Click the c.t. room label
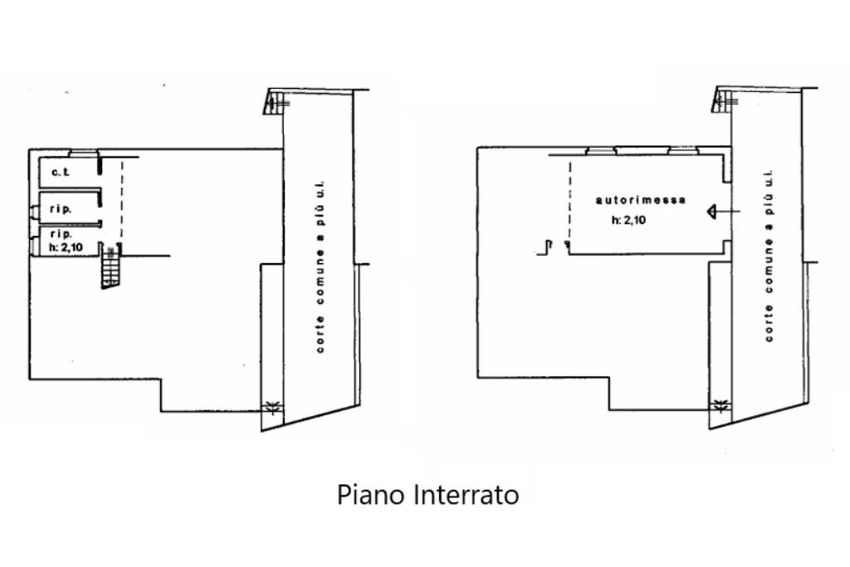tap(59, 174)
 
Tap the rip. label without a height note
tap(61, 209)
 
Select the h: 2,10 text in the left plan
tap(66, 246)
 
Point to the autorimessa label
tap(641, 200)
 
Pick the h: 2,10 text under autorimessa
tap(628, 221)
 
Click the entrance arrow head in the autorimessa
tap(711, 212)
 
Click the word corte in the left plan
tap(320, 337)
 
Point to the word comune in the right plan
tap(769, 273)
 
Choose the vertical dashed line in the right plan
tap(569, 203)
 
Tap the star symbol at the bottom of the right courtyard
tap(721, 406)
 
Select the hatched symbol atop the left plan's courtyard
tap(276, 102)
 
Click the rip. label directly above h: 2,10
tap(61, 234)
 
